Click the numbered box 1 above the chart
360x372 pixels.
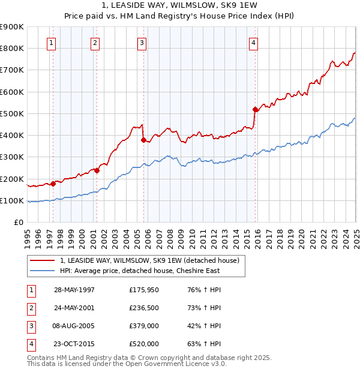52,43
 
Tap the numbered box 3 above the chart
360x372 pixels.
142,43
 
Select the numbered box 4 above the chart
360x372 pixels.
254,43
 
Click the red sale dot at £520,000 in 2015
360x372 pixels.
255,109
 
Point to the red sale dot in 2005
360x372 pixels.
143,140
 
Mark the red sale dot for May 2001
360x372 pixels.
97,171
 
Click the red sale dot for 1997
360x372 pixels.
53,184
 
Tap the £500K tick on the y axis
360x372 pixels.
12,113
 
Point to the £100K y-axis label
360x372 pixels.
12,200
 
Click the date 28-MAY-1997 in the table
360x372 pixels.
74,290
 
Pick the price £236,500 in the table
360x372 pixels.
144,308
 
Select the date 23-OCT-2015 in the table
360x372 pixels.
74,344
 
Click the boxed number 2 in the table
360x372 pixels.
29,308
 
